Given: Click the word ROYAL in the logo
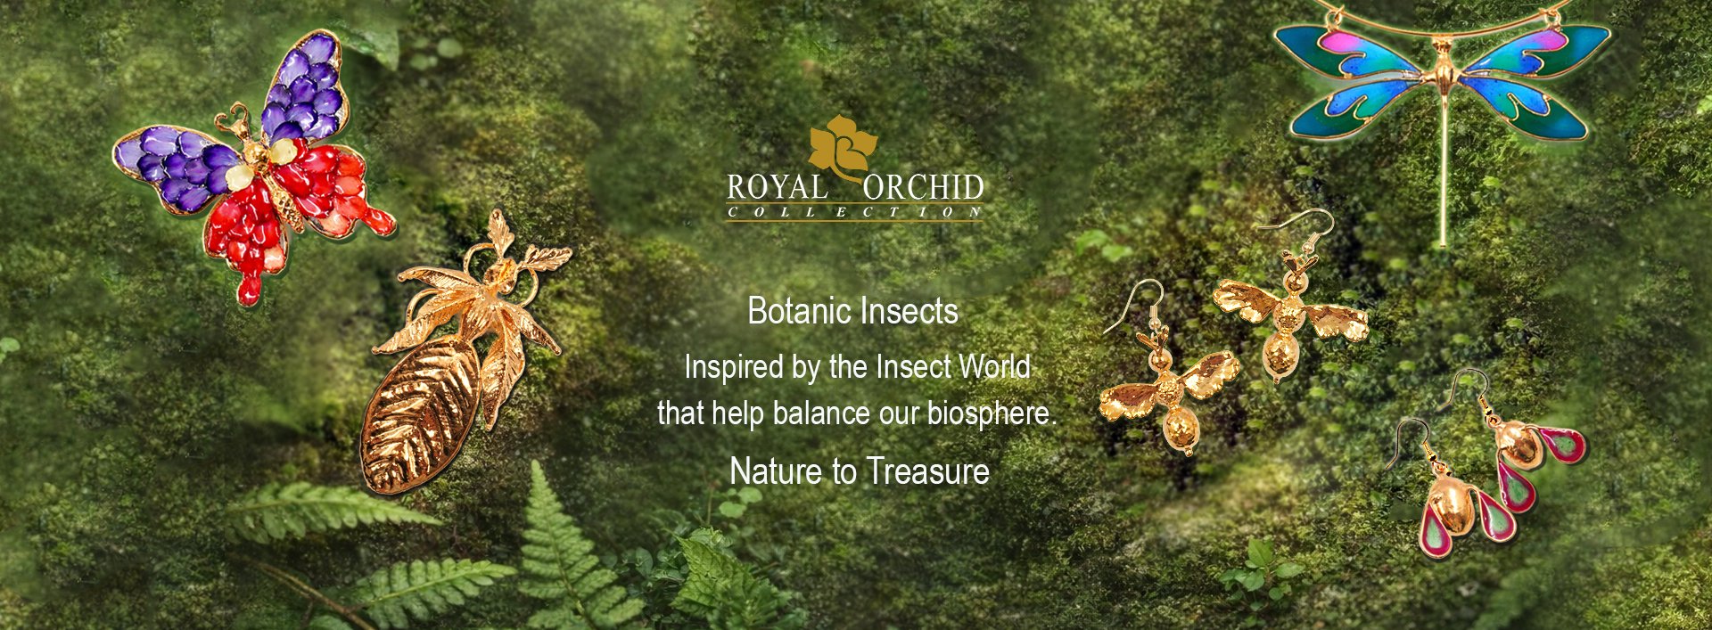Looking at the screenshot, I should point(776,188).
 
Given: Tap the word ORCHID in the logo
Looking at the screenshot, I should point(923,188).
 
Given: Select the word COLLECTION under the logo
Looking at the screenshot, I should point(854,212).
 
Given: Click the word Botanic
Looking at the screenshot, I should point(796,311).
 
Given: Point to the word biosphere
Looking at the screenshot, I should point(990,413).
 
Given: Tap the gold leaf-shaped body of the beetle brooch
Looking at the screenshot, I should point(419,414).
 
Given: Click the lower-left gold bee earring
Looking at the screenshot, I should point(1168,392).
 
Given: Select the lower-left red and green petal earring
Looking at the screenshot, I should point(1453,508).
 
